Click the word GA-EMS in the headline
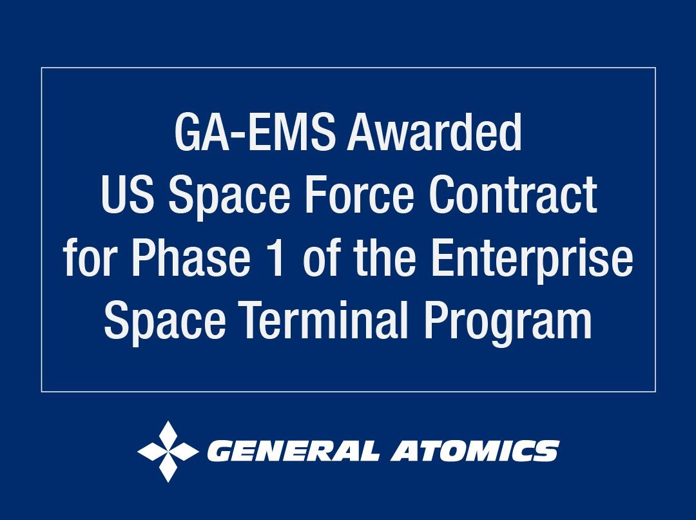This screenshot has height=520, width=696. tap(255, 132)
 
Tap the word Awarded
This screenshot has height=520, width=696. tap(434, 132)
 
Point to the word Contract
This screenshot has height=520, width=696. tap(513, 195)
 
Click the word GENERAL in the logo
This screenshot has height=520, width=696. tap(293, 451)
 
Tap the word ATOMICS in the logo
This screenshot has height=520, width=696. tap(474, 451)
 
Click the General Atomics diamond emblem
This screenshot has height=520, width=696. tap(168, 451)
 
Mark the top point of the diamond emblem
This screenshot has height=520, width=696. tap(168, 421)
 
